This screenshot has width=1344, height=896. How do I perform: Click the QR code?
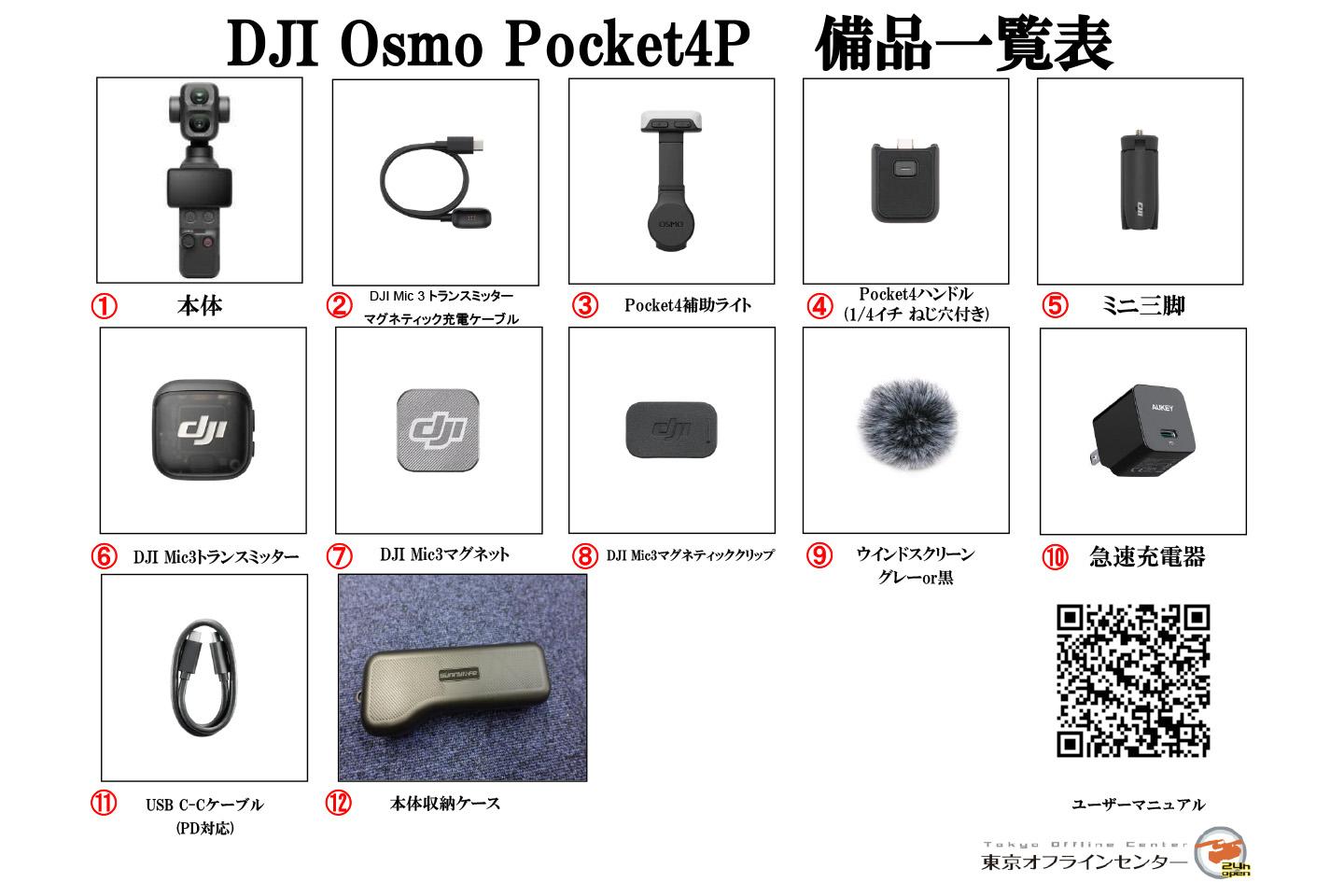(x=1133, y=681)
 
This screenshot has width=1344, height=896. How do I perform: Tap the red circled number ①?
(x=104, y=306)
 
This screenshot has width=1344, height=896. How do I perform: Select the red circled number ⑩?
(x=1055, y=556)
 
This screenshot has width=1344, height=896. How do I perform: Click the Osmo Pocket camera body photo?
(x=199, y=179)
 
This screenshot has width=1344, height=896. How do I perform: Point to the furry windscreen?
(x=907, y=423)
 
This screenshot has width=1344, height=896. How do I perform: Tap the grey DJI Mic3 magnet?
(x=439, y=429)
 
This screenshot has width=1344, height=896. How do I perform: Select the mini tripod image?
(x=1140, y=181)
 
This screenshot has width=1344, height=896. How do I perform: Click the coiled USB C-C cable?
(x=204, y=678)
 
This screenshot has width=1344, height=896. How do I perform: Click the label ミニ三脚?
(x=1143, y=306)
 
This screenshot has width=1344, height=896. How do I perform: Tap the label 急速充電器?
(x=1147, y=556)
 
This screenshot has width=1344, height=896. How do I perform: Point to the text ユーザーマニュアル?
(x=1139, y=805)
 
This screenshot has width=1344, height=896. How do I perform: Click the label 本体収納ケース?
(x=444, y=803)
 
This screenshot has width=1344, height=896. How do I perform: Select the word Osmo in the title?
(x=412, y=44)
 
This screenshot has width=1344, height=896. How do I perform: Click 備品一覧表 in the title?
(x=964, y=44)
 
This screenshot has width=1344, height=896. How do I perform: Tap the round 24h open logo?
(x=1223, y=852)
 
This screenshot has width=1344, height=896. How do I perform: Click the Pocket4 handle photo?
(x=905, y=181)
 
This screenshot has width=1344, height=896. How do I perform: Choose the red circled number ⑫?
(x=339, y=803)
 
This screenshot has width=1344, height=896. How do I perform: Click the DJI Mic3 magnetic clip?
(x=671, y=429)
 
